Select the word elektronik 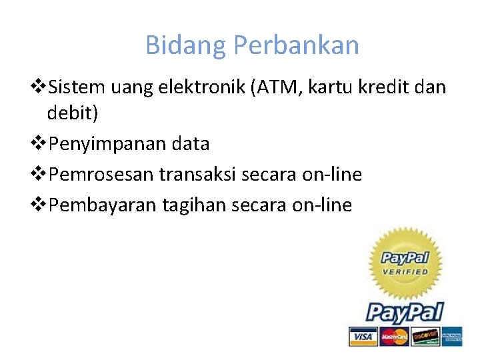point(201,87)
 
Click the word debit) point(72,113)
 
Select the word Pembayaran point(105,205)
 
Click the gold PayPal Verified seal point(403,263)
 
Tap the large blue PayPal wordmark point(405,312)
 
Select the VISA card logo point(363,337)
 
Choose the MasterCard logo point(395,337)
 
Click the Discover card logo point(425,337)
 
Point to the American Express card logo point(451,337)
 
